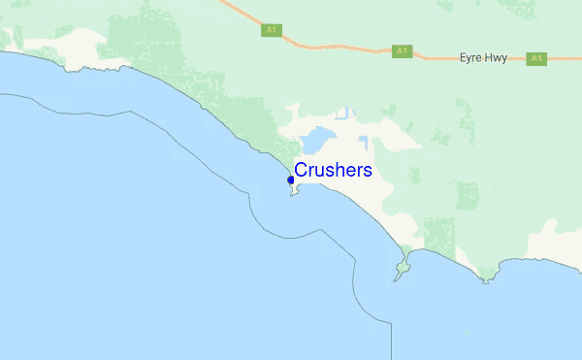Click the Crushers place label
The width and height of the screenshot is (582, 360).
[333, 170]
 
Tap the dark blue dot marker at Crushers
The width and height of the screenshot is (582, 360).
[291, 180]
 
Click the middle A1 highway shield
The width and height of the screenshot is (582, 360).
[403, 50]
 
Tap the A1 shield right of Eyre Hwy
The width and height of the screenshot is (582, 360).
[536, 58]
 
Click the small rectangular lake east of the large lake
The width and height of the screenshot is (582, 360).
[363, 144]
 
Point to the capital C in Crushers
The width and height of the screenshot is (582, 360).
[302, 171]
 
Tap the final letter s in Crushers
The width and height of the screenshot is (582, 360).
[367, 171]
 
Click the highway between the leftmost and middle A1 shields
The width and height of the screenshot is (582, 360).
[335, 45]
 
